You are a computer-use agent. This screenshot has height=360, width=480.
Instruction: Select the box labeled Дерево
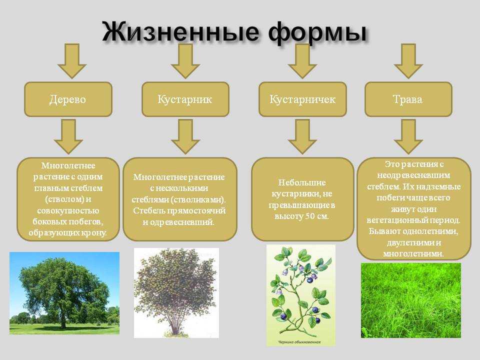click(x=68, y=99)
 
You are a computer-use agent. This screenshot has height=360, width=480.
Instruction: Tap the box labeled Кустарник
click(x=185, y=99)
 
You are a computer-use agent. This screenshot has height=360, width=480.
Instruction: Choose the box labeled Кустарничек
click(x=303, y=99)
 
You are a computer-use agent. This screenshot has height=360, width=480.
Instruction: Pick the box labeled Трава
click(x=408, y=99)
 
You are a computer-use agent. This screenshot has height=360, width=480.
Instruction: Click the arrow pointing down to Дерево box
click(x=72, y=61)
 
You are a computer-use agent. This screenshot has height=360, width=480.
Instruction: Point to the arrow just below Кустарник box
click(x=185, y=136)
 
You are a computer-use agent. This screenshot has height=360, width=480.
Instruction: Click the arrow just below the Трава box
click(x=408, y=136)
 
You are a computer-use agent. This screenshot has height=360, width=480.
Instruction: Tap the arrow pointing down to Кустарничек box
click(x=302, y=61)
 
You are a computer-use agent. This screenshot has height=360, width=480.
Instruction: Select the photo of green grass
click(x=411, y=300)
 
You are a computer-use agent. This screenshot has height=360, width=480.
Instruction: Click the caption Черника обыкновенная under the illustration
click(x=299, y=342)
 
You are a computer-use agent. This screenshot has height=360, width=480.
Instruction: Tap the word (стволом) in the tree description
click(x=64, y=199)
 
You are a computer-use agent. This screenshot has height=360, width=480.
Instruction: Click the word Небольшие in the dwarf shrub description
click(x=302, y=183)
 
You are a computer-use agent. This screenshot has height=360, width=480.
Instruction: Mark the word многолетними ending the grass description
click(x=413, y=254)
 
